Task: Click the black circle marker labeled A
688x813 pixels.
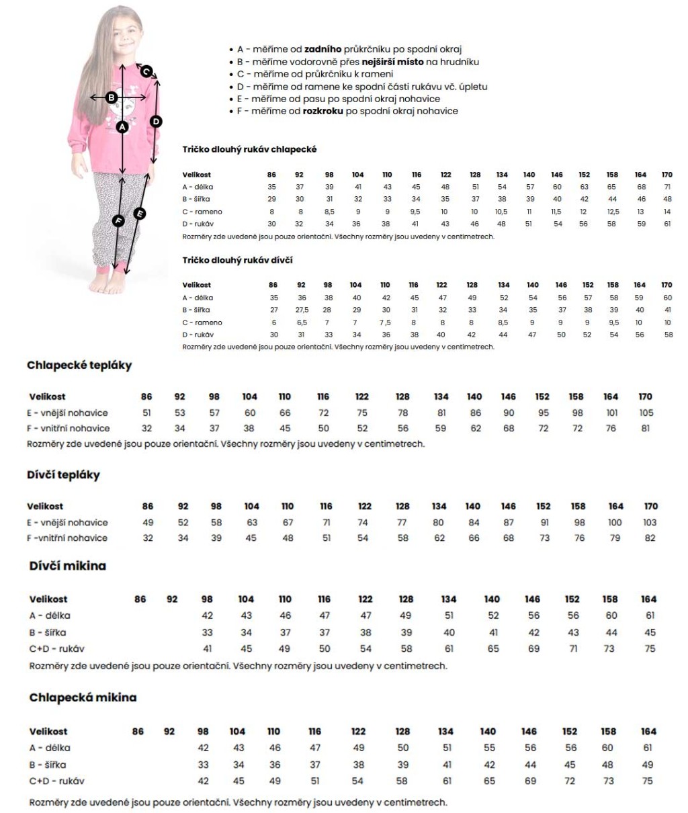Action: (x=122, y=126)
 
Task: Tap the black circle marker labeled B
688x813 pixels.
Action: (x=112, y=98)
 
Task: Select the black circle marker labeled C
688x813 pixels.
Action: (x=146, y=71)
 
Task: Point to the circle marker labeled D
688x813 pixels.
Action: (x=156, y=122)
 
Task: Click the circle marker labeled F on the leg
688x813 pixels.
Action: (x=118, y=220)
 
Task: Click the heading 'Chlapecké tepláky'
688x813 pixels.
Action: (x=79, y=366)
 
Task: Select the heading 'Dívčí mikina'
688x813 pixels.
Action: (x=68, y=566)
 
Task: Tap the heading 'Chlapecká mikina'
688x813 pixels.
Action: (x=83, y=697)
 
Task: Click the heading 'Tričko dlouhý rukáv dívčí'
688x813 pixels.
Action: (x=237, y=260)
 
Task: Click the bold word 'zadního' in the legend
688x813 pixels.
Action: (x=322, y=49)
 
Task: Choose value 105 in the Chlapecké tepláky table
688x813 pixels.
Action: (x=646, y=413)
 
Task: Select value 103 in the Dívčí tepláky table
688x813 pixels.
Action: (x=650, y=522)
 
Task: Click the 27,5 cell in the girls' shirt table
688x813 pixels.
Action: (x=302, y=310)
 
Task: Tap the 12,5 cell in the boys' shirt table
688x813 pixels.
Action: (x=612, y=212)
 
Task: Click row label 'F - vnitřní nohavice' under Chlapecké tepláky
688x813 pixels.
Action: (x=69, y=428)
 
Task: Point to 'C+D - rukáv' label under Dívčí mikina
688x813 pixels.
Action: (x=57, y=648)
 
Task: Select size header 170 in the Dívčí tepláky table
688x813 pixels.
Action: (x=650, y=506)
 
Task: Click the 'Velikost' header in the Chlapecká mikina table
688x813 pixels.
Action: (x=48, y=731)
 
